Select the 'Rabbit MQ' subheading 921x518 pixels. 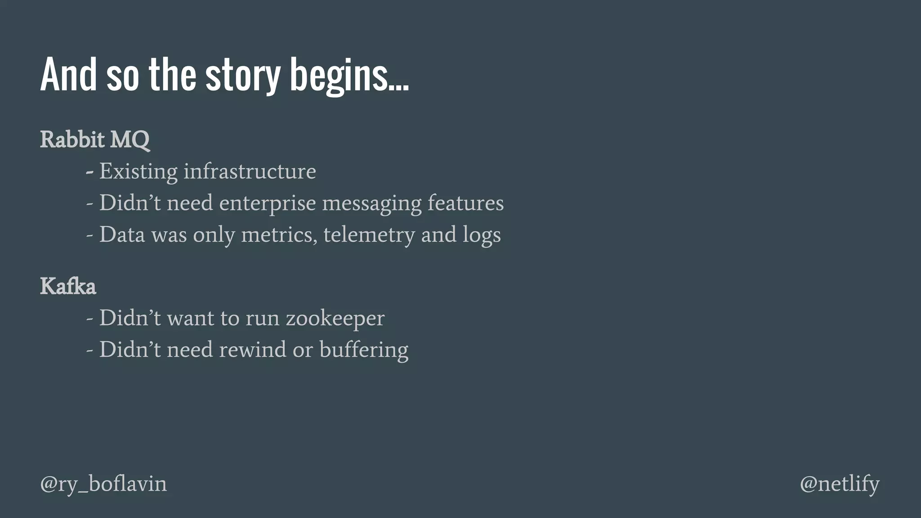click(95, 139)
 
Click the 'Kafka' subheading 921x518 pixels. click(68, 286)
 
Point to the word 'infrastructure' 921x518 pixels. click(250, 171)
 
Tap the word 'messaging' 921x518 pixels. click(372, 203)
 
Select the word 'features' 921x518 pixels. click(465, 203)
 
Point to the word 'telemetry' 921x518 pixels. click(369, 235)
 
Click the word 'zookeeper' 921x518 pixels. click(335, 318)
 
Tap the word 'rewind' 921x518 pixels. click(252, 349)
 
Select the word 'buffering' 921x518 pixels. click(364, 350)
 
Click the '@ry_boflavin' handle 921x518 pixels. click(103, 484)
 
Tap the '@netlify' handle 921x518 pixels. click(840, 484)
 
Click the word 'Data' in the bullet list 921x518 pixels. click(122, 235)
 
